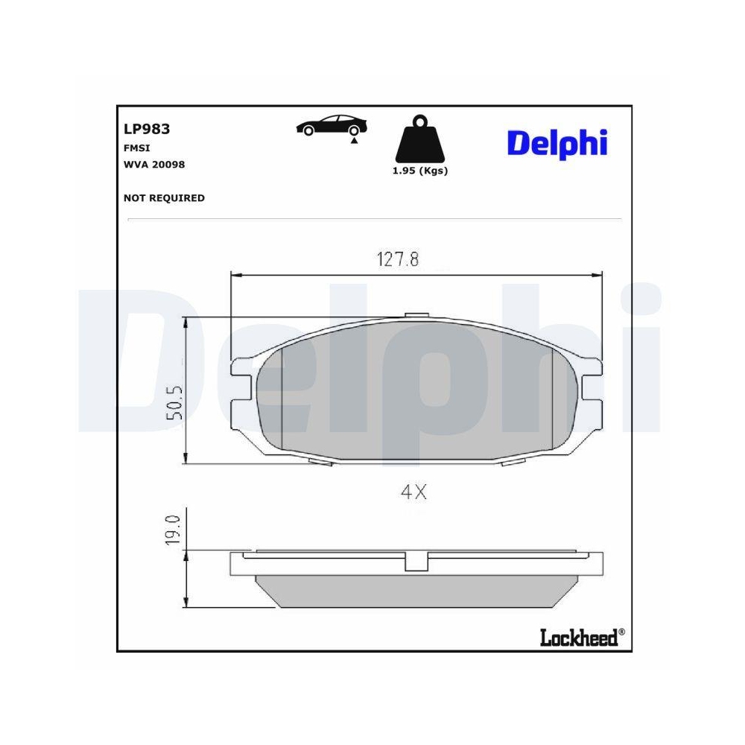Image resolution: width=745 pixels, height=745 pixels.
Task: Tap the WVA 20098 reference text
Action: point(154,164)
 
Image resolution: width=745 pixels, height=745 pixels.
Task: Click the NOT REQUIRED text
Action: point(164,198)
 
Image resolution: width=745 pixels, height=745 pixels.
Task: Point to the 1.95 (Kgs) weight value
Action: point(420,171)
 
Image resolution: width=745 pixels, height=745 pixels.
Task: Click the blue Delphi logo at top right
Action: point(557,142)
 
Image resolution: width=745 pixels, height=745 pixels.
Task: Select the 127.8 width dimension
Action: point(397,259)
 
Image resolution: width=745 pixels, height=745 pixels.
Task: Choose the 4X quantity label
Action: point(413,492)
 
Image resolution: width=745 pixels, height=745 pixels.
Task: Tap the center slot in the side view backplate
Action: point(417,561)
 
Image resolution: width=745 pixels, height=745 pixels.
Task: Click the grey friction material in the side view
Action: point(417,589)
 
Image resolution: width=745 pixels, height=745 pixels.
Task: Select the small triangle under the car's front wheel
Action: point(355,140)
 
